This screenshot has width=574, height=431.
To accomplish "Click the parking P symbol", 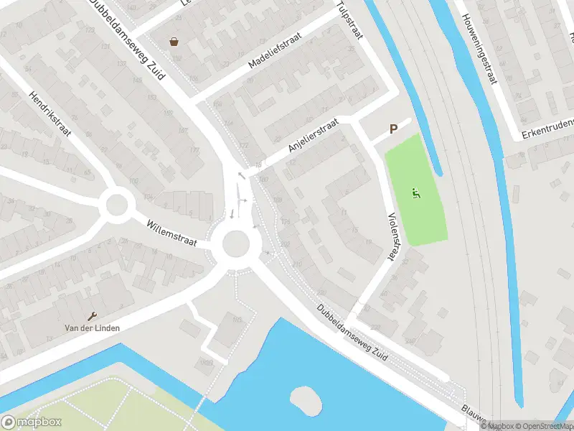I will click(x=392, y=129).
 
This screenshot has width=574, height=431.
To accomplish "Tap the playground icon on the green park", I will click(x=415, y=193).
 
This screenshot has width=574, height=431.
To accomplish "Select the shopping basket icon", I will click(x=174, y=42).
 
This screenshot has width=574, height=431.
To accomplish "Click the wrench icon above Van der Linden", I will click(x=93, y=316).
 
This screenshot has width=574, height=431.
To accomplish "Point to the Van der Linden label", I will click(x=93, y=328).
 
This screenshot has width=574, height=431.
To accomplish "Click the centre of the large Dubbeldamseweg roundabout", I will click(x=236, y=244).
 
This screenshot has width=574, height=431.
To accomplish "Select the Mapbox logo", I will click(x=32, y=422).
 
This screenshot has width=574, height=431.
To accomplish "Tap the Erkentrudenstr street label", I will click(x=547, y=126).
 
